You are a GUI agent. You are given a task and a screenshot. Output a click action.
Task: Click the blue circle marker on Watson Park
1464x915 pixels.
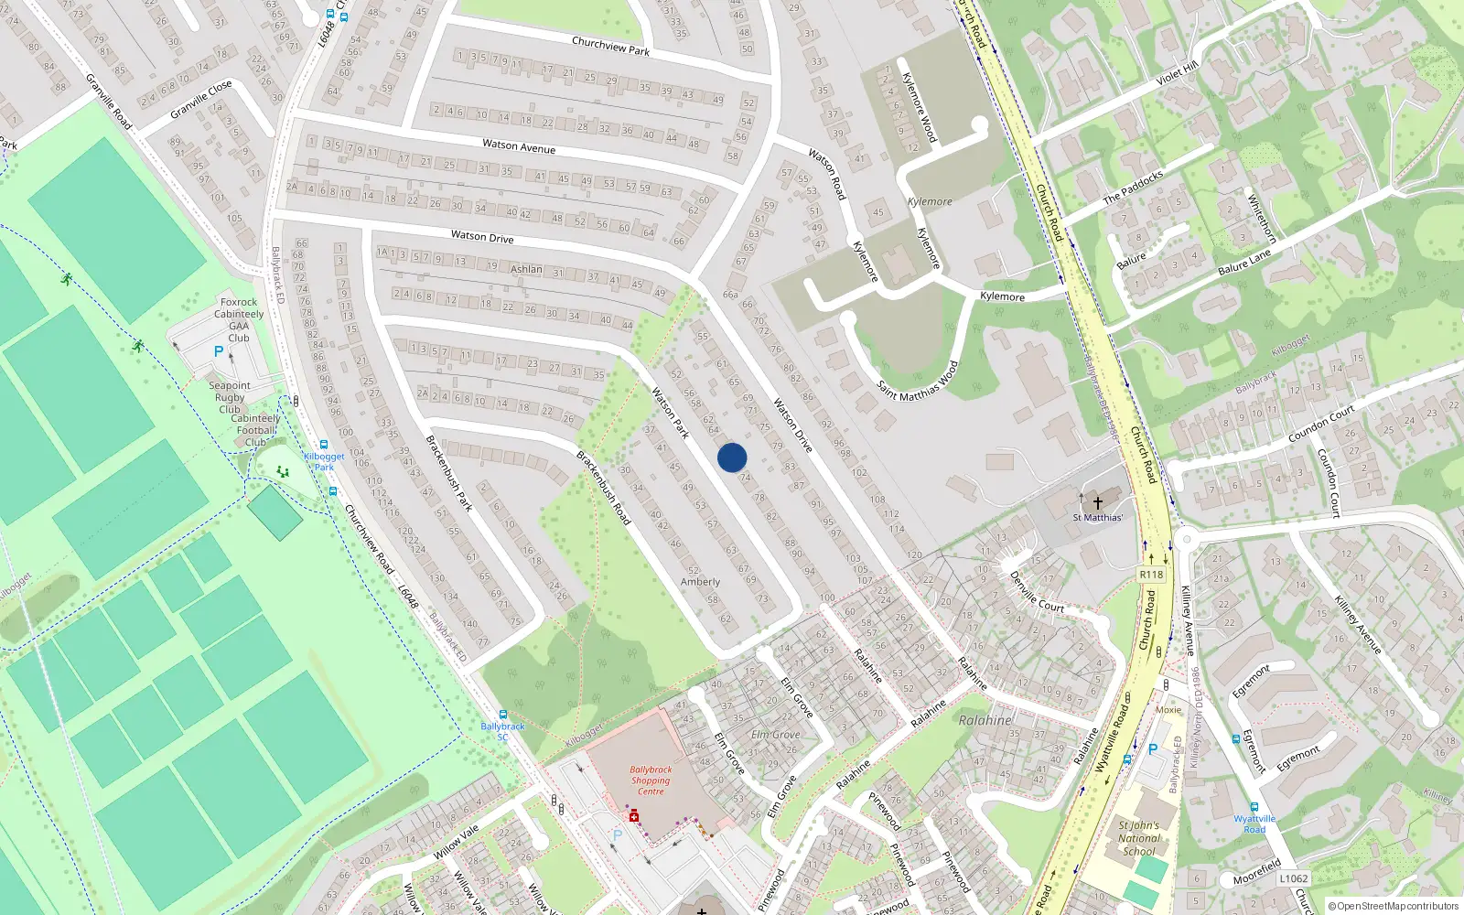[x=732, y=457]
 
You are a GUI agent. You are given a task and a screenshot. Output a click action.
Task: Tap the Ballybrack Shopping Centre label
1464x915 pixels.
[x=651, y=780]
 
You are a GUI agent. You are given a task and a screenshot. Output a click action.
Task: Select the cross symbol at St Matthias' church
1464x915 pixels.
[x=1098, y=502]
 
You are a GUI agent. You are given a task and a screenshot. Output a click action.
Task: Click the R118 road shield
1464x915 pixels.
[x=1151, y=575]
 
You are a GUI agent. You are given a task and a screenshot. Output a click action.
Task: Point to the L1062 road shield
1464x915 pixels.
[x=1294, y=878]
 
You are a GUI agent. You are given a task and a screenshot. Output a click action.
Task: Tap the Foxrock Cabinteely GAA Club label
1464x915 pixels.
[x=239, y=319]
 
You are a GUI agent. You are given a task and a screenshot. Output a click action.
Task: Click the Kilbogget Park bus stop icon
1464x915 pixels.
[x=324, y=445]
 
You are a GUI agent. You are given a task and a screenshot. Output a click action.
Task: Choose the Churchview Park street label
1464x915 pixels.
[x=610, y=46]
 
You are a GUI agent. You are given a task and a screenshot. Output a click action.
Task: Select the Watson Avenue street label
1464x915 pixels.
[x=519, y=145]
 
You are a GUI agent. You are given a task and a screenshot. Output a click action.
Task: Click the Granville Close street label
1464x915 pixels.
[x=201, y=100]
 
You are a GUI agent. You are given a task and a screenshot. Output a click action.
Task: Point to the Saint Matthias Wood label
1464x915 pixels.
[x=918, y=381]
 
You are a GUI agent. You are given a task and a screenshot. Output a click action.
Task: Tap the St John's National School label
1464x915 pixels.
[x=1139, y=838]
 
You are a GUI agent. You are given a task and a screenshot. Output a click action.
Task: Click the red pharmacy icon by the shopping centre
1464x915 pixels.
[x=633, y=815]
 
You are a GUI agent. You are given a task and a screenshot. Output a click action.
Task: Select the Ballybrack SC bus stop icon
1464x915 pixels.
[x=502, y=715]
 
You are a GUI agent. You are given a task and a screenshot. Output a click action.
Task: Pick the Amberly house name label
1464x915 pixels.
[x=700, y=582]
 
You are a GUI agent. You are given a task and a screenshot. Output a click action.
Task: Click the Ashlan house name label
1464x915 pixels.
[x=526, y=269]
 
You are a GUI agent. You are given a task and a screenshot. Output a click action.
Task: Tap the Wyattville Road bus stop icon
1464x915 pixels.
[x=1254, y=807]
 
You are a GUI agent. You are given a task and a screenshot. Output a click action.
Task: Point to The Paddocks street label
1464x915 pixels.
[x=1133, y=187]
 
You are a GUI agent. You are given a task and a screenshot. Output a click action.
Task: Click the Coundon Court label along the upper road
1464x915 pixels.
[x=1320, y=425]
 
